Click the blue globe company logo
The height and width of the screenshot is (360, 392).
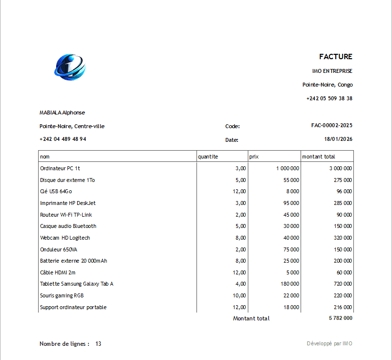pyautogui.click(x=70, y=67)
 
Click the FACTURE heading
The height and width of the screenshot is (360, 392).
pyautogui.click(x=335, y=57)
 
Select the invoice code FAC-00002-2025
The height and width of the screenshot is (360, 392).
pyautogui.click(x=331, y=125)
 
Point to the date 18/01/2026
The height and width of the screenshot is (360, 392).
pyautogui.click(x=338, y=139)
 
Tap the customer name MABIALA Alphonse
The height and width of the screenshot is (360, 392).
pyautogui.click(x=62, y=112)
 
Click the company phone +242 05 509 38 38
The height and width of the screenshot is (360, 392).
pyautogui.click(x=329, y=98)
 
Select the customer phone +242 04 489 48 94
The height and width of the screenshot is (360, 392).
pyautogui.click(x=63, y=139)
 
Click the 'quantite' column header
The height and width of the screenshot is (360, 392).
pyautogui.click(x=208, y=157)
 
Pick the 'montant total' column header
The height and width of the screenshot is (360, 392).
pyautogui.click(x=319, y=157)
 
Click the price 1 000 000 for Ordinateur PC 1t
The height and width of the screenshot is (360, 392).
pyautogui.click(x=287, y=168)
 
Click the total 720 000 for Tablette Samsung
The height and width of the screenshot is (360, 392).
pyautogui.click(x=340, y=284)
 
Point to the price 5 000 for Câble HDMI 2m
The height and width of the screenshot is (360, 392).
pyautogui.click(x=292, y=272)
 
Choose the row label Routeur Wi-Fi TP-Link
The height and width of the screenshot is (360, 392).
pyautogui.click(x=66, y=215)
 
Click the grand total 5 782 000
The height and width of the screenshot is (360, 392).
pyautogui.click(x=340, y=318)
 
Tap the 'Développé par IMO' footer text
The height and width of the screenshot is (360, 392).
pyautogui.click(x=329, y=343)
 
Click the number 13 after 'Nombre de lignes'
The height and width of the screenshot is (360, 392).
pyautogui.click(x=98, y=344)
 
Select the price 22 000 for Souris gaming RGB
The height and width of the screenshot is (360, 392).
pyautogui.click(x=291, y=295)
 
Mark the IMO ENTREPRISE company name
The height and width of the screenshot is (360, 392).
pyautogui.click(x=332, y=71)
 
